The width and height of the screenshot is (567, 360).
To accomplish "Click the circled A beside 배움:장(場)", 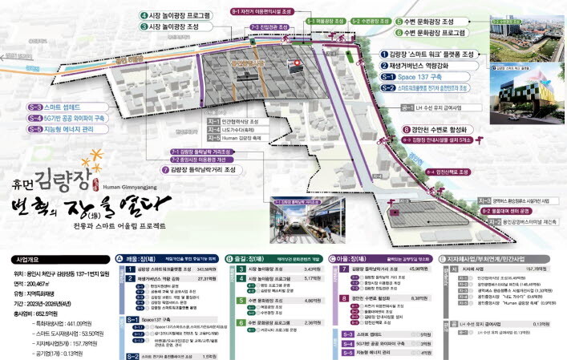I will (x=120, y=259).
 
